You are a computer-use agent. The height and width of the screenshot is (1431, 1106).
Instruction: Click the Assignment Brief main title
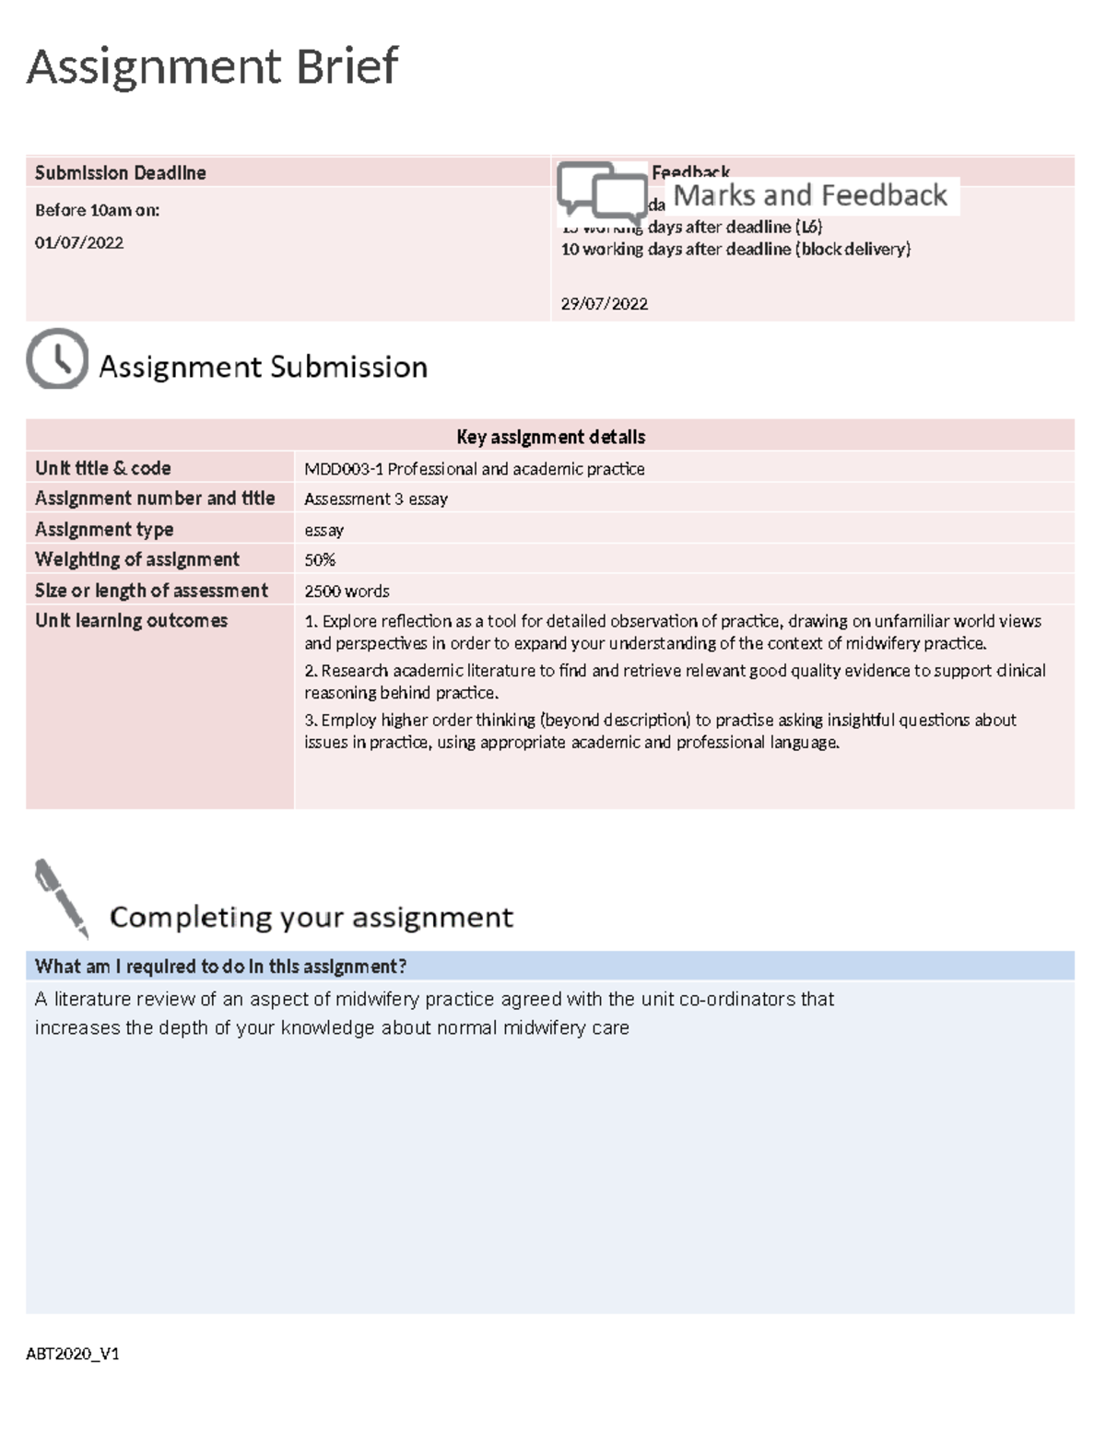click(x=212, y=67)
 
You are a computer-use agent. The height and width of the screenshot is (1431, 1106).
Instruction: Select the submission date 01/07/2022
click(x=79, y=243)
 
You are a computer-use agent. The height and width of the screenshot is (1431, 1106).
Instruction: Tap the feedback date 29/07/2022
click(x=605, y=304)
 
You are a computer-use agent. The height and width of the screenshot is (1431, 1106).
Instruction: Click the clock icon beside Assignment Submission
click(x=57, y=358)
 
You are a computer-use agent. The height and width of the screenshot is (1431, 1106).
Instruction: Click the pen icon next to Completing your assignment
click(x=61, y=898)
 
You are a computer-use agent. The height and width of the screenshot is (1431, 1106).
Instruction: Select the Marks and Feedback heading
click(x=810, y=195)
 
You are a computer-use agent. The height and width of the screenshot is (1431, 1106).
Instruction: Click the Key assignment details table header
click(x=550, y=437)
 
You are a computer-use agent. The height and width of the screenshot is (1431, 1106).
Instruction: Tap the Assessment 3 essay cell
click(x=376, y=499)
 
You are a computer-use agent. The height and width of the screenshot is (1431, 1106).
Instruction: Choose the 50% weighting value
click(x=320, y=560)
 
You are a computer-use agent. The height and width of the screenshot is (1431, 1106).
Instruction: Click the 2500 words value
click(x=347, y=592)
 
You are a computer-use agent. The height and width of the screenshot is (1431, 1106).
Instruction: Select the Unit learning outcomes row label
click(x=131, y=621)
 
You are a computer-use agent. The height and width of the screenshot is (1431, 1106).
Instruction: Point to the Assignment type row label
click(x=104, y=530)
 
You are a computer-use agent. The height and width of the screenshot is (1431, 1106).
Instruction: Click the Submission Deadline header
click(x=120, y=173)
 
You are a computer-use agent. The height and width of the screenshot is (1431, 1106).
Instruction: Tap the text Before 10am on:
click(x=97, y=210)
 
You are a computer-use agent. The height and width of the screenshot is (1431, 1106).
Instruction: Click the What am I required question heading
click(x=220, y=967)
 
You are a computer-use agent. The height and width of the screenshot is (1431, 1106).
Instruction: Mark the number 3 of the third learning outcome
click(x=310, y=721)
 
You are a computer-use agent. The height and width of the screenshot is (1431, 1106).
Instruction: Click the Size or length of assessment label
click(x=151, y=591)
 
